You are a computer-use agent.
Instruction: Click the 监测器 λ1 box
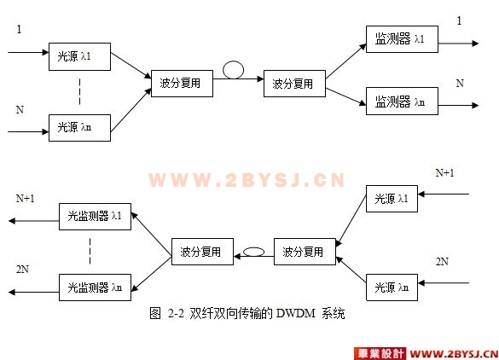coord(402,39)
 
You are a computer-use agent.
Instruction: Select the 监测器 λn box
coord(402,102)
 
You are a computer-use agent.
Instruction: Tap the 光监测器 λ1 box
coord(95,217)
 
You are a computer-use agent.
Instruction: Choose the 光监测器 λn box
coord(95,287)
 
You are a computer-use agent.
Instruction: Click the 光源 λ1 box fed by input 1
coord(79,56)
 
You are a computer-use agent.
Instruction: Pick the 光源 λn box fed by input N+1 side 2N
coord(392,287)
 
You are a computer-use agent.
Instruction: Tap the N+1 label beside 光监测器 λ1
coord(25,199)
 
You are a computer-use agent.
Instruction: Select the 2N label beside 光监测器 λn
coord(22,270)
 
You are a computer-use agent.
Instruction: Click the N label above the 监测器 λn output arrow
coord(460,84)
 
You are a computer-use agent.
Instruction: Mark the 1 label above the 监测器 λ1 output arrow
coord(459,21)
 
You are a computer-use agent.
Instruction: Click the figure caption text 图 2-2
coord(166,314)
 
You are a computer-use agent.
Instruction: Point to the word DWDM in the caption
coord(296,314)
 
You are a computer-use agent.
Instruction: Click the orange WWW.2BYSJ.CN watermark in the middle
coord(247,180)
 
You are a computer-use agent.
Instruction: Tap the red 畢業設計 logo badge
coord(380,354)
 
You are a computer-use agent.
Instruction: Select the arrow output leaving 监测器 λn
coord(459,106)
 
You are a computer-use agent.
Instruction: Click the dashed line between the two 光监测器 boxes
coord(90,252)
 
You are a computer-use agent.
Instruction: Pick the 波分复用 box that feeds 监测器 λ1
coord(294,84)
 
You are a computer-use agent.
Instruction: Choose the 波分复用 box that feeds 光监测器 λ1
coord(202,252)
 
